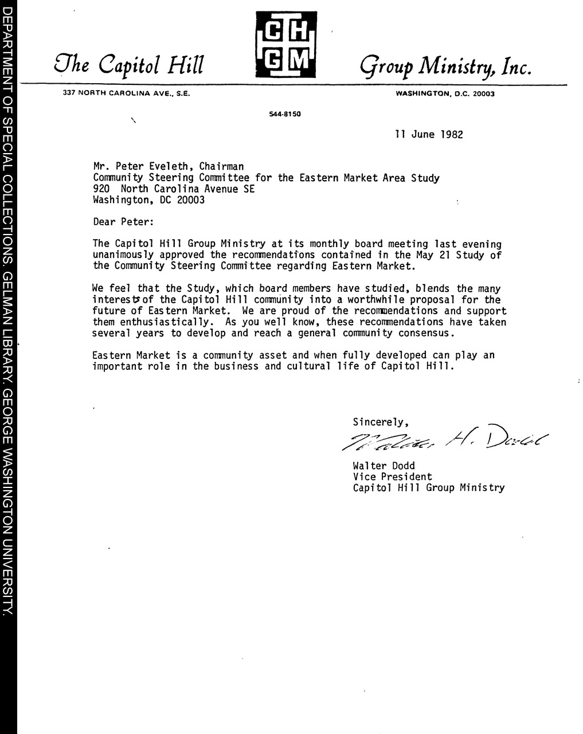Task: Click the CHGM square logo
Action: (285, 44)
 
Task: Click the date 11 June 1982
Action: (429, 135)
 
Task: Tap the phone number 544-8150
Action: (285, 114)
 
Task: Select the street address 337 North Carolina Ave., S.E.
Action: (127, 93)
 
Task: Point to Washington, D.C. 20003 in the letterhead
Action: (445, 93)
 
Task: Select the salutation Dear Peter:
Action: (123, 222)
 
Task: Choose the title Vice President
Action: (392, 477)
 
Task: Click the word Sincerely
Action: (380, 423)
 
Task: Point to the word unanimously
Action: (123, 255)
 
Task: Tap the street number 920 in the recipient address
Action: (101, 189)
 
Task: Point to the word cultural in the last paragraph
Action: (309, 366)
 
